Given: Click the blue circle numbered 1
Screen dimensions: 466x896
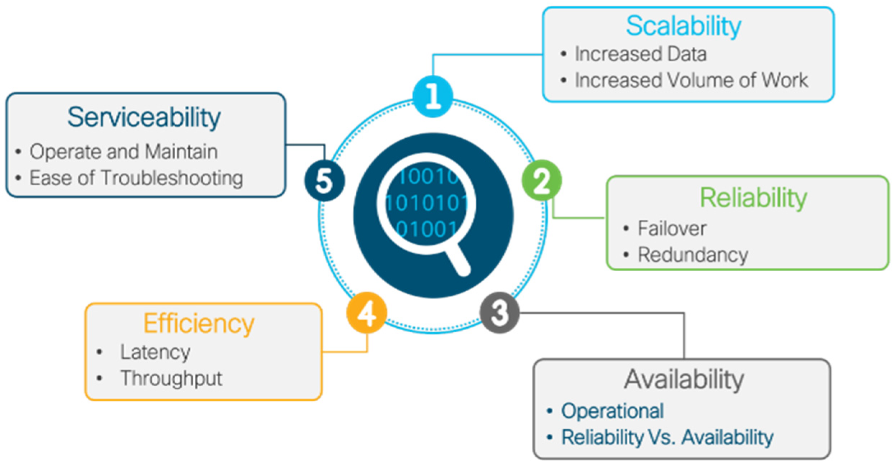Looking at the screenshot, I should point(433,96).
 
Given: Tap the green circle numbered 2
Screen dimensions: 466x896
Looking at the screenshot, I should point(542,180).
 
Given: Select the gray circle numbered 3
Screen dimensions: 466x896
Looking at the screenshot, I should point(500,312).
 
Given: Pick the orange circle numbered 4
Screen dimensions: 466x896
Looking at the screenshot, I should point(367,313).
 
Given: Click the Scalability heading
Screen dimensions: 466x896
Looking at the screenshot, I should point(683,26).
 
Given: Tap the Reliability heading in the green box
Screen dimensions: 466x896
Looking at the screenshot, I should point(753,198).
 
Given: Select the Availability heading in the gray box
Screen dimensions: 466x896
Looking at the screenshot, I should point(684,379).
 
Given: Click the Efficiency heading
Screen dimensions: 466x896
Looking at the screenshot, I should point(199,324).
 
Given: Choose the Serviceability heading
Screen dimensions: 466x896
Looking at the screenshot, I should point(144,117).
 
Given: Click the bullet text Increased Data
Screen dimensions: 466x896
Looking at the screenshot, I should point(640,54).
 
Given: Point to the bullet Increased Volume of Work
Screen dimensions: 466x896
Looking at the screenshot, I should point(691,80).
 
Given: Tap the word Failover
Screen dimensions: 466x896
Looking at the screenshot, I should point(672,228).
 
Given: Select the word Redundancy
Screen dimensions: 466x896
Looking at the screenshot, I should point(693,255).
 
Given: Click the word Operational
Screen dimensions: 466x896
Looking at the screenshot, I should point(612,411).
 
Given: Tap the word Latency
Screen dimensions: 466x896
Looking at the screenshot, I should point(155,352).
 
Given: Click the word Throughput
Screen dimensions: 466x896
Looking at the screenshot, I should point(171,378).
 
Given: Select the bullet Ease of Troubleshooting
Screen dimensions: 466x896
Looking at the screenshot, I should point(136,178).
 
